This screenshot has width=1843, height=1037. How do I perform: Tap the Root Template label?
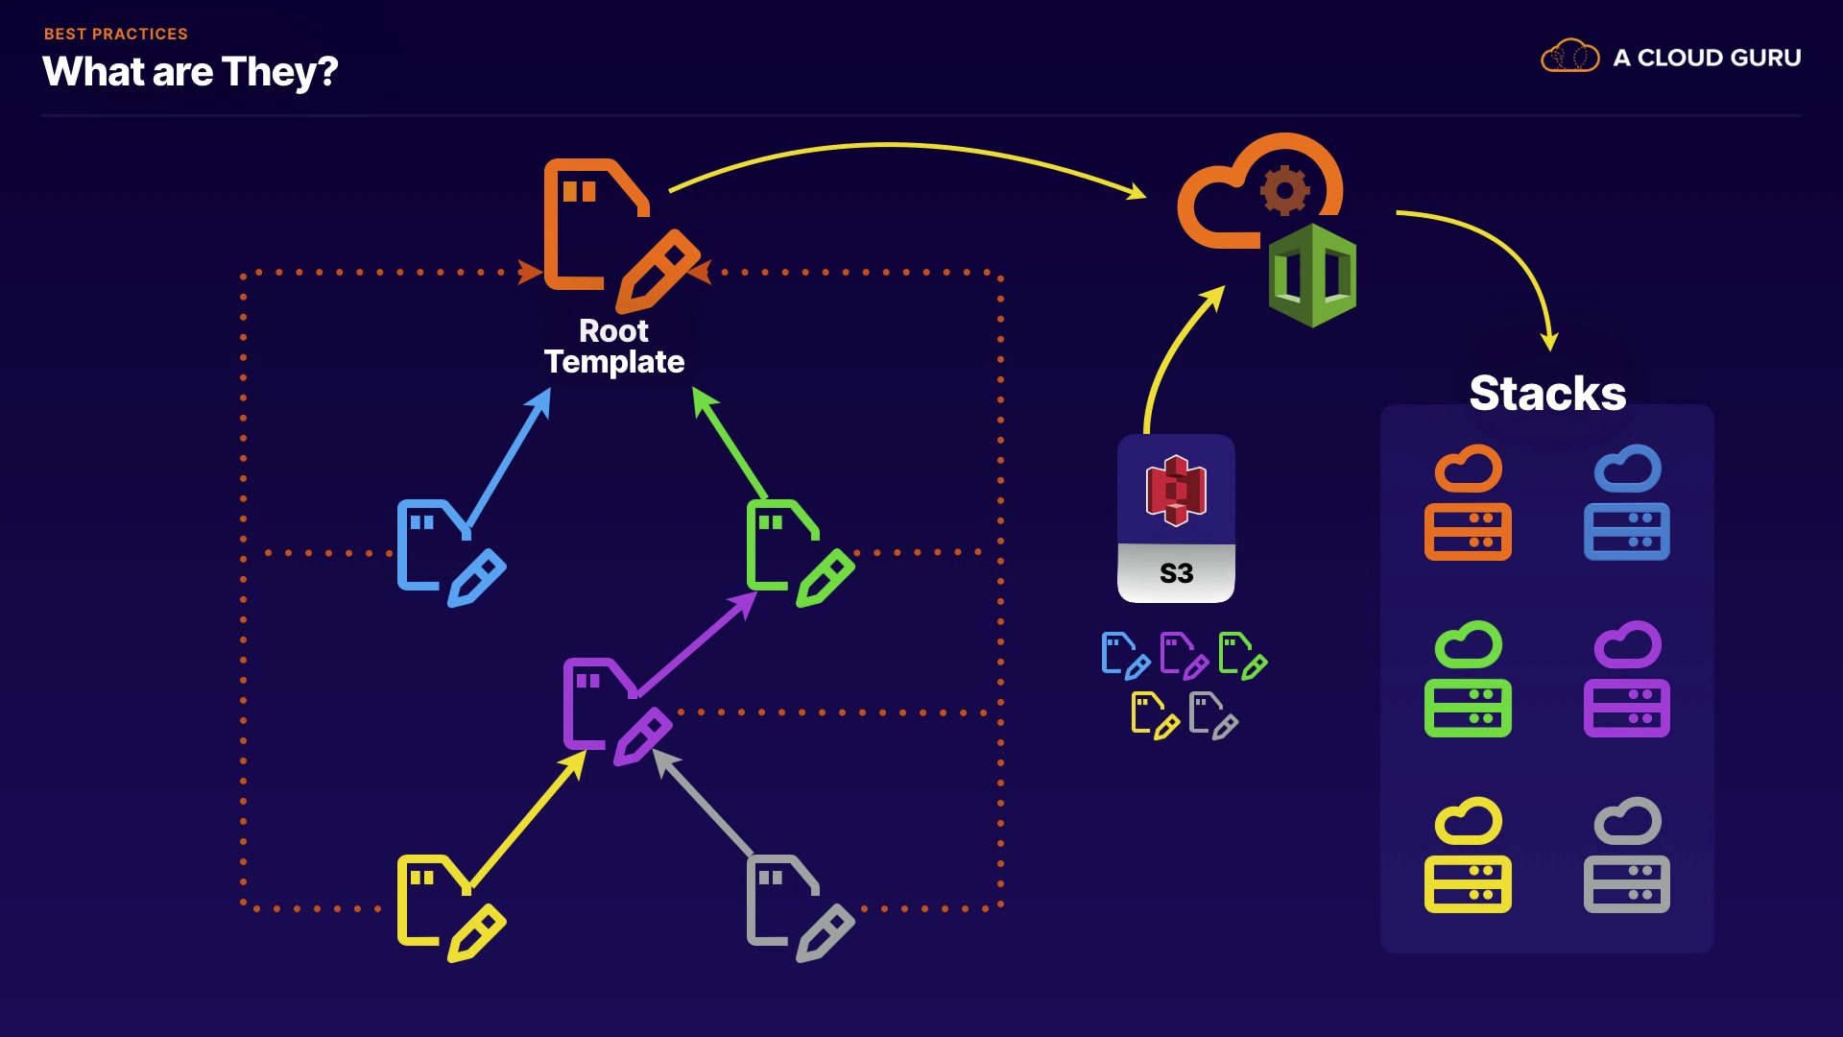[614, 346]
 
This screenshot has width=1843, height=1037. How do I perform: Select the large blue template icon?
[451, 553]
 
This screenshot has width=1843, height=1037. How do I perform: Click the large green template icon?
[801, 553]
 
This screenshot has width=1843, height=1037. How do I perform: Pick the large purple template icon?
[618, 711]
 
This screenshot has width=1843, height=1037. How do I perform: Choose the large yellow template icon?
[451, 908]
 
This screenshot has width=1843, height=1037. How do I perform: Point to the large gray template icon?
[801, 908]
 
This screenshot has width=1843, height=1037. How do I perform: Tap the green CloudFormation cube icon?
[1312, 276]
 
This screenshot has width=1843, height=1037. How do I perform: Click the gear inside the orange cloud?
[1285, 190]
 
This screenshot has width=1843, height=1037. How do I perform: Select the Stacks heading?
[1547, 393]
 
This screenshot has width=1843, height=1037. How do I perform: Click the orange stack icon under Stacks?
[1468, 502]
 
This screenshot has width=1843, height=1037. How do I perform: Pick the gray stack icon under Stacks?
[1627, 855]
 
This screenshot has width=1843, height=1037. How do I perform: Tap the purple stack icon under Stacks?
[1627, 679]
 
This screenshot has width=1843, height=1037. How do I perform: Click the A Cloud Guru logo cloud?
[1570, 57]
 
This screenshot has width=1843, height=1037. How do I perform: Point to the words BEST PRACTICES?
[116, 34]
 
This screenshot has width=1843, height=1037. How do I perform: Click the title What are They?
[190, 72]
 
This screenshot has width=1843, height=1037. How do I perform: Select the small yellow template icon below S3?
[1156, 715]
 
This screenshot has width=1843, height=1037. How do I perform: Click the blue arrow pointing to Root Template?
[509, 456]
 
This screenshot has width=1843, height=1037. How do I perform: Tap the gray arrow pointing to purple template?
[703, 801]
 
